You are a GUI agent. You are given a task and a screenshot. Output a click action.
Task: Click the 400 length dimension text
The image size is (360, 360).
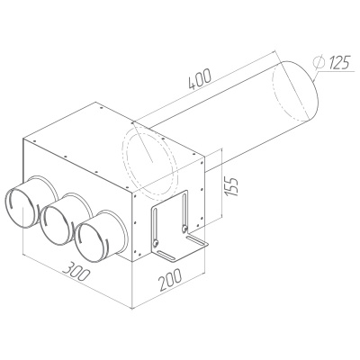pyautogui.click(x=200, y=78)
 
